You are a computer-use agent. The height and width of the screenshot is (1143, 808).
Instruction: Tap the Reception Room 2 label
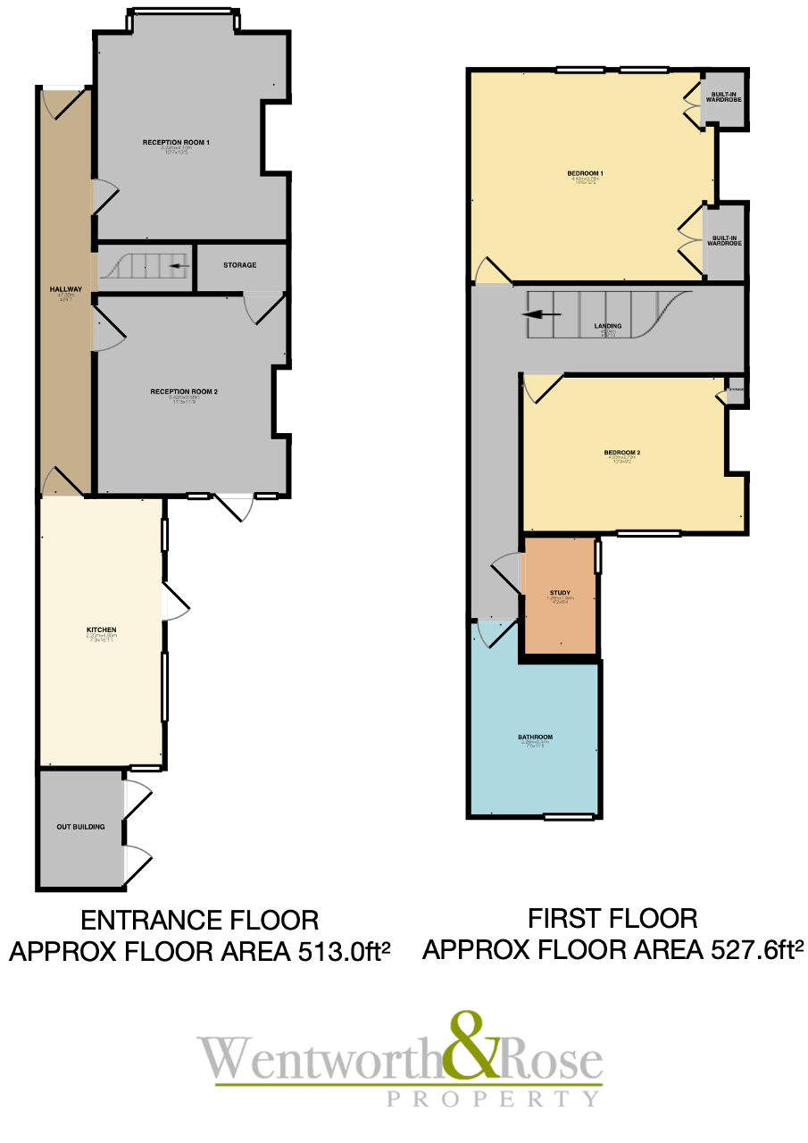coord(184,391)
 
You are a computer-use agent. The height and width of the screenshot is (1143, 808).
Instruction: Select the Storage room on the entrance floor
coord(240,265)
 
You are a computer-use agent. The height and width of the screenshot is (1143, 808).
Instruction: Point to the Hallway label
coord(66,289)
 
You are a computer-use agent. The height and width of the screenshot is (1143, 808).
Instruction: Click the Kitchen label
coord(101,630)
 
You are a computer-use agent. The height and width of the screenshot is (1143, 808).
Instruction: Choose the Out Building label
coord(80,827)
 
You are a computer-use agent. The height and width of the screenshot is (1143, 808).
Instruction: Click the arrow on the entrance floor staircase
coord(179,265)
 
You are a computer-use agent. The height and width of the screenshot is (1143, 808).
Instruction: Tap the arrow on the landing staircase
coord(543,314)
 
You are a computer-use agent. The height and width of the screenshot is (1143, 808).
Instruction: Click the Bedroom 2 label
coord(621,453)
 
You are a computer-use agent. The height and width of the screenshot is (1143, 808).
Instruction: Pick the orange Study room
coord(560,595)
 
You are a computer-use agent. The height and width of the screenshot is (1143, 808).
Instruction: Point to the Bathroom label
coord(535,738)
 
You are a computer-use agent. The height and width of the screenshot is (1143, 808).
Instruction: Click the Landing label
coord(607,327)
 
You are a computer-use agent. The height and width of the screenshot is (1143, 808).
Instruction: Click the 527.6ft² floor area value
coord(749,949)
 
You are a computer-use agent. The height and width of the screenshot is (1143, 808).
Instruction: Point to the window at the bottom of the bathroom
coord(569,816)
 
